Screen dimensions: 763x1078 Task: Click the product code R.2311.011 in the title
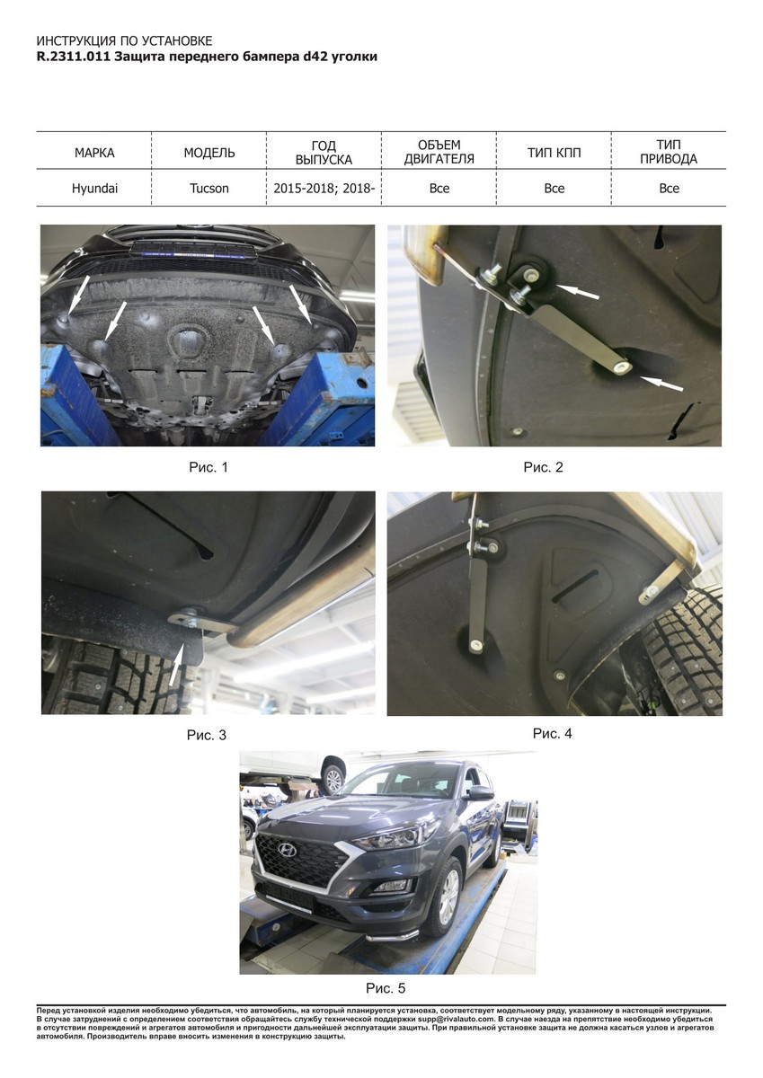[74, 57]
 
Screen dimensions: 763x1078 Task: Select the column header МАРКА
[94, 153]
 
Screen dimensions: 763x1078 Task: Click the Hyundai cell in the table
[94, 188]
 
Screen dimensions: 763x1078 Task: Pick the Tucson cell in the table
[208, 188]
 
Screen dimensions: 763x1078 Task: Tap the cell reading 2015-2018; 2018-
[324, 188]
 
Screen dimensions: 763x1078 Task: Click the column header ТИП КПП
[555, 153]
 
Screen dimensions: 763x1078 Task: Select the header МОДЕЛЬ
[209, 153]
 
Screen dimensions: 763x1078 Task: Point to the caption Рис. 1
[208, 467]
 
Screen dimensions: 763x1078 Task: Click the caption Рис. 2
[543, 467]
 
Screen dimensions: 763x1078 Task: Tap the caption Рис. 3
[207, 736]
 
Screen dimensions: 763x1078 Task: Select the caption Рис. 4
[552, 734]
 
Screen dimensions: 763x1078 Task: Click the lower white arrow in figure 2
[662, 384]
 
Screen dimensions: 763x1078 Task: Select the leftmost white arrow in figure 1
[77, 296]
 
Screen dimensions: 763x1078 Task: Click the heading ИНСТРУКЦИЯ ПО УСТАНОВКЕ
[124, 41]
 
